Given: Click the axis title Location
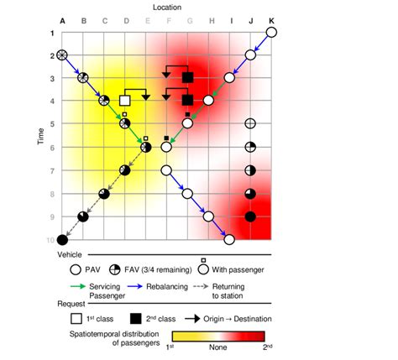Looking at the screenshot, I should click(x=166, y=6).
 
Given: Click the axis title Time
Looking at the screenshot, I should click(x=39, y=137).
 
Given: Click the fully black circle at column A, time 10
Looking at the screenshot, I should click(x=62, y=240).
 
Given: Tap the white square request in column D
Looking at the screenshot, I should click(x=125, y=101).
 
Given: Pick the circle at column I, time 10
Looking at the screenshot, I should click(x=229, y=240).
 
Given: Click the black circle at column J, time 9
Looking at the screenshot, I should click(x=250, y=217).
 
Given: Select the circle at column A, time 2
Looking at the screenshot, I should click(x=62, y=55).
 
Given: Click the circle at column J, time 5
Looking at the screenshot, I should click(x=250, y=124).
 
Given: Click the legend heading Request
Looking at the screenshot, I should click(x=71, y=305).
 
